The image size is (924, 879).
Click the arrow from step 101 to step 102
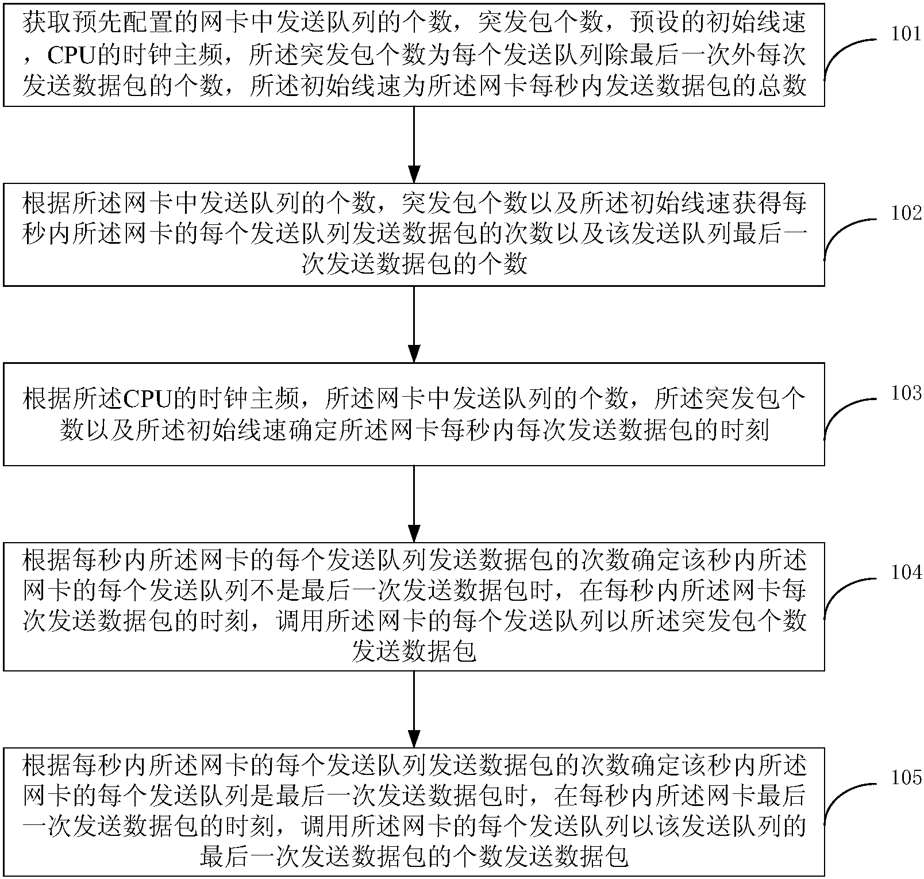[414, 144]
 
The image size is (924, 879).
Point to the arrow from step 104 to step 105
[414, 708]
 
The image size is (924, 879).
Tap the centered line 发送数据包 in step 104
[414, 651]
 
